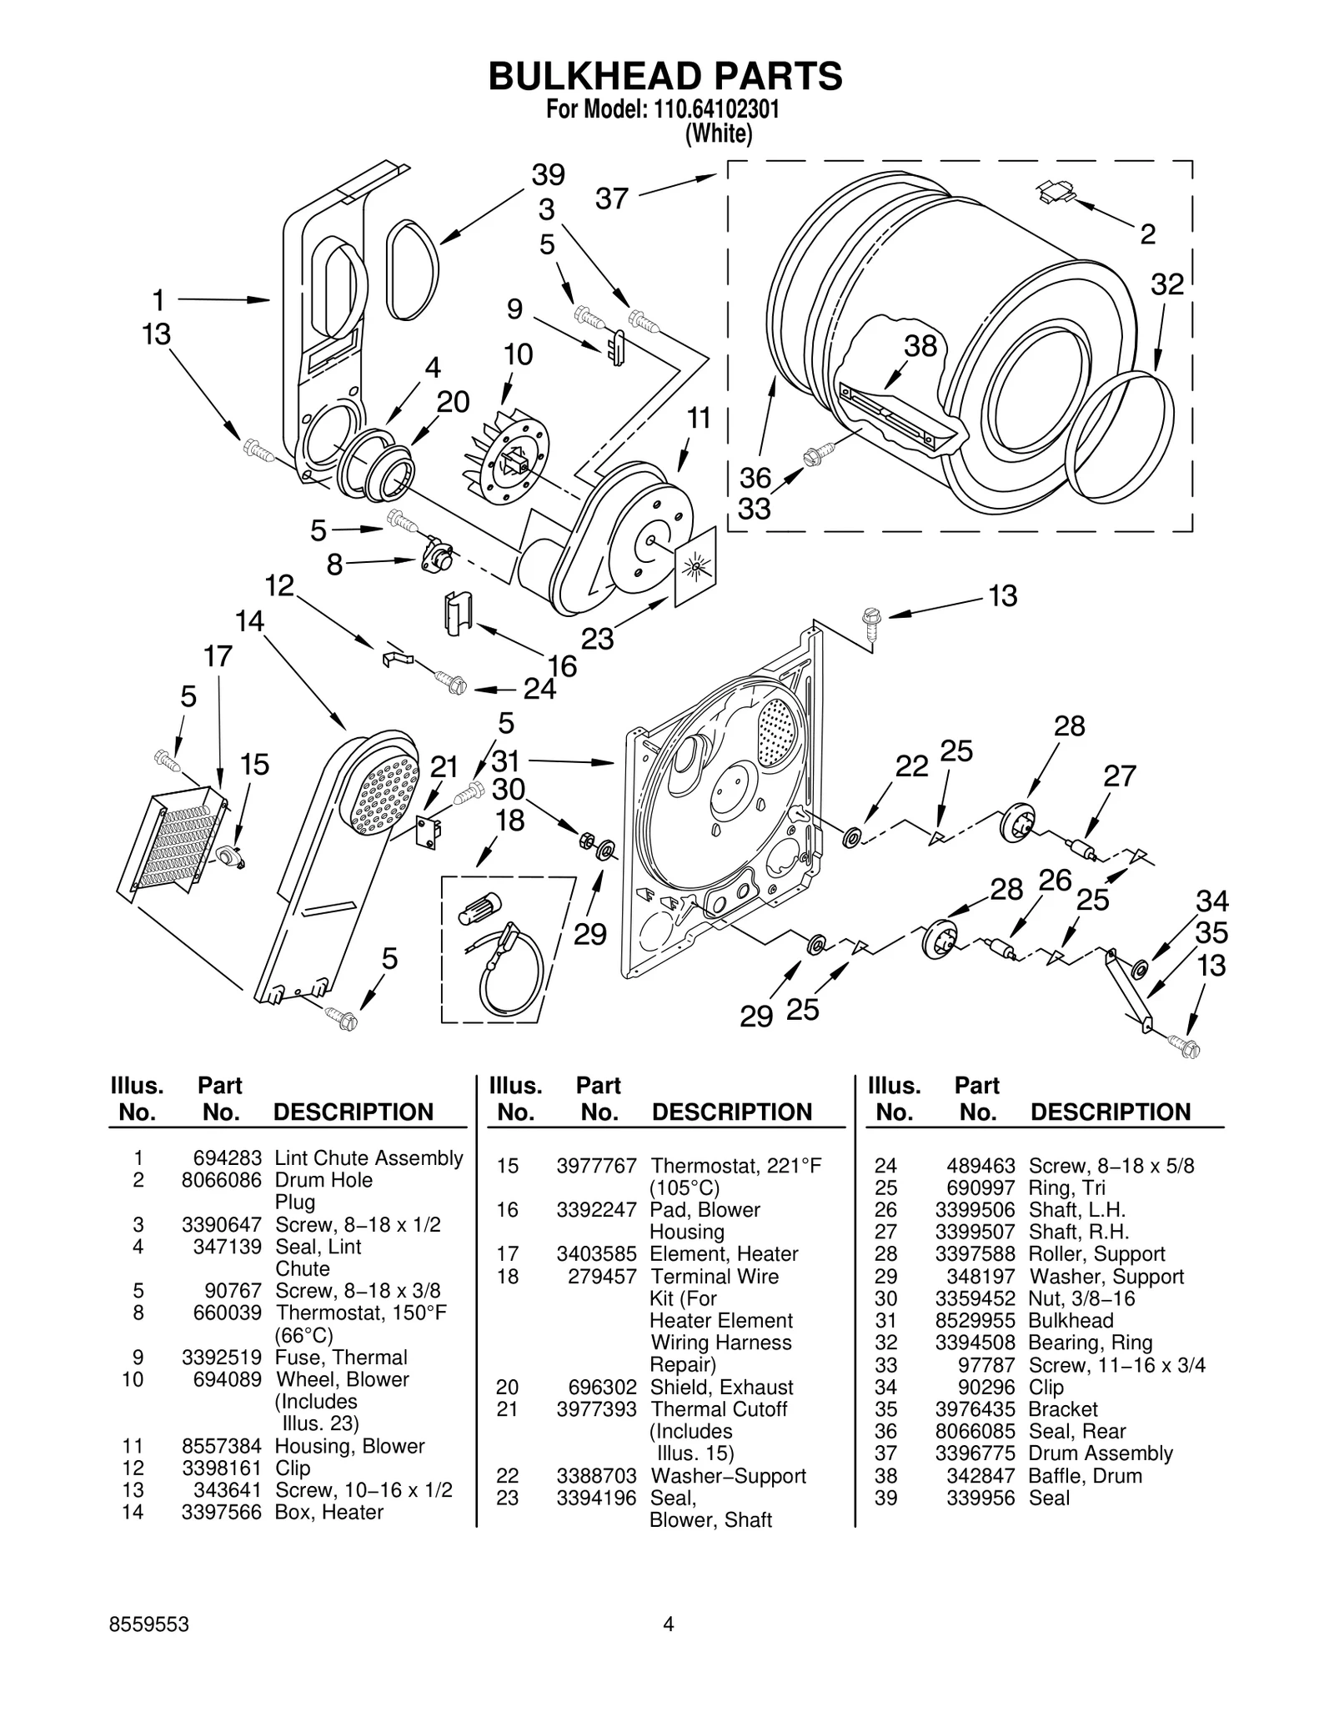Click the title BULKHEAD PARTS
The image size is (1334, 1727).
664,76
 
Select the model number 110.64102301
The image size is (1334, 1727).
711,110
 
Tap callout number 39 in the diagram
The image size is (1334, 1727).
548,175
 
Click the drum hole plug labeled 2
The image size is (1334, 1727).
1056,193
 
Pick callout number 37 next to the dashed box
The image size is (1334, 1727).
611,199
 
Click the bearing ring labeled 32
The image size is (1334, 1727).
1120,438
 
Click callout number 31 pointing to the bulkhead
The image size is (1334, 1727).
506,761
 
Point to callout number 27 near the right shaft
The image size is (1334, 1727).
1119,776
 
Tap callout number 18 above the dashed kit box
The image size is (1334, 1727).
509,821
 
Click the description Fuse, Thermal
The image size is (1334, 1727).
341,1357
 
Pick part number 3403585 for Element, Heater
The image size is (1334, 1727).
596,1254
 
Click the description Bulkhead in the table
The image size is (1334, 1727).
1071,1320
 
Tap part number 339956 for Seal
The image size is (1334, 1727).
980,1498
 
